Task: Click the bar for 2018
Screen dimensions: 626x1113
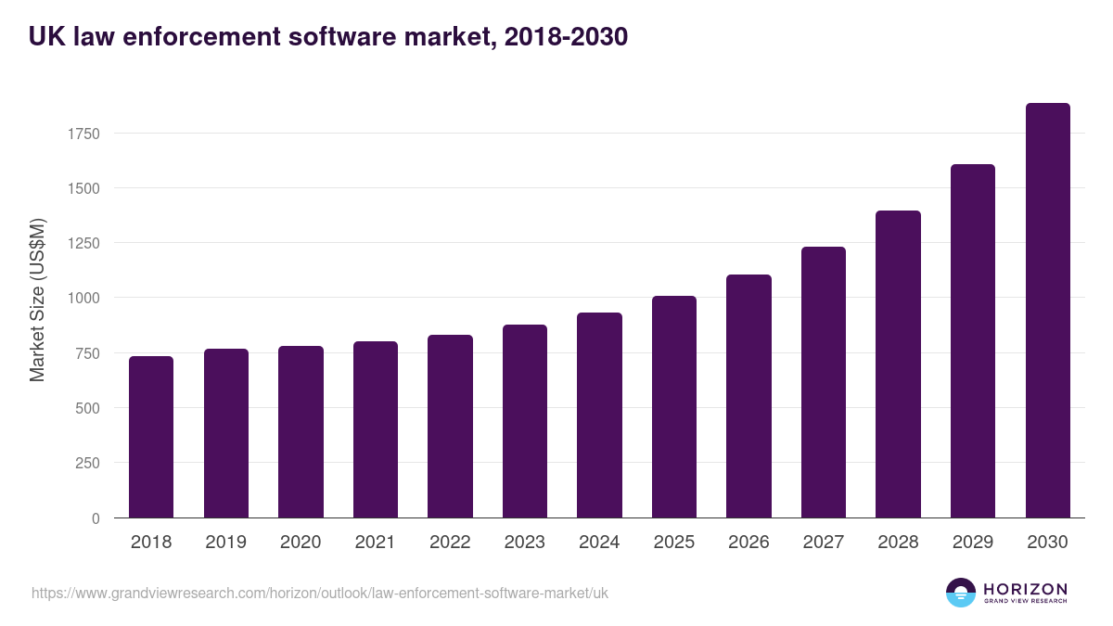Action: (151, 437)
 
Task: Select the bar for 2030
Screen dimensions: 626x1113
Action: (1047, 311)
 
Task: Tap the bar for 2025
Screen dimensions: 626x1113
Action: (674, 407)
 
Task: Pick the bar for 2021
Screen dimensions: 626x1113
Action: (376, 429)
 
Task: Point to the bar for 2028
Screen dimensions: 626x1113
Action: (898, 364)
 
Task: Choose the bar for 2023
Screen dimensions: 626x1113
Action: (525, 421)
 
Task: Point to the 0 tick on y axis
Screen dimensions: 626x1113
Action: (96, 518)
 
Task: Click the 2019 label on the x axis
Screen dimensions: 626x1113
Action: (225, 543)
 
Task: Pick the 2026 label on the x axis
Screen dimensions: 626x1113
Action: (748, 543)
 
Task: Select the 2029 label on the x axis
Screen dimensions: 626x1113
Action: (973, 543)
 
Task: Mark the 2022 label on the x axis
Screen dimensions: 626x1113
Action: (450, 543)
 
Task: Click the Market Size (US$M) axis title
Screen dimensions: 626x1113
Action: (37, 300)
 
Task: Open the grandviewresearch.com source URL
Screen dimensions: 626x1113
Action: (320, 593)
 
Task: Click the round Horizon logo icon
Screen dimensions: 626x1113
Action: (961, 593)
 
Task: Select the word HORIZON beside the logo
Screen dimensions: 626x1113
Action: (1025, 589)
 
